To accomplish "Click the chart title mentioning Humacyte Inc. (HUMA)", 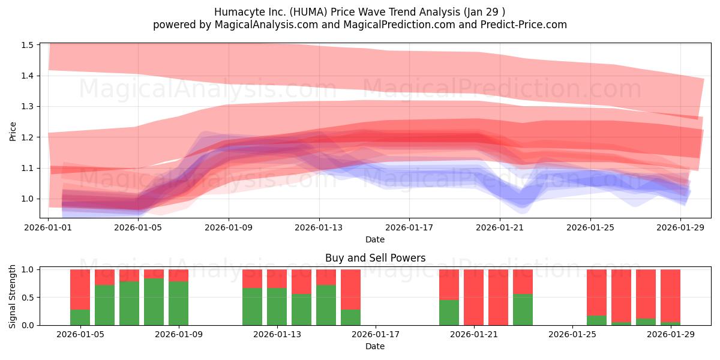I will coord(359,12).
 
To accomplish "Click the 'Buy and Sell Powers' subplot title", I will coord(375,258).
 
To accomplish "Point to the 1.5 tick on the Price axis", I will coord(28,45).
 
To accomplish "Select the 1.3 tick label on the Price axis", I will coord(28,107).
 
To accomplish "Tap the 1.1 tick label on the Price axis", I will coord(28,168).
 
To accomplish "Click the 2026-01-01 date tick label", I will coord(48,228).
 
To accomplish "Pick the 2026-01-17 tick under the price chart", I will coord(409,228).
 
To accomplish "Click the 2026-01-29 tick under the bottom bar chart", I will coord(670,335).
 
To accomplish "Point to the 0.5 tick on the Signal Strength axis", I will coord(28,298).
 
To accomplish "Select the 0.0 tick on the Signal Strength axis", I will coord(28,325).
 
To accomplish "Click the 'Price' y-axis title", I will coord(13,130).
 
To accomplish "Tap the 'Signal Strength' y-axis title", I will coord(13,297).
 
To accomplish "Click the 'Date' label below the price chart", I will coord(375,239).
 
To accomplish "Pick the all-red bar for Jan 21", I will coord(473,297).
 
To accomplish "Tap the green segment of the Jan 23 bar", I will coord(523,310).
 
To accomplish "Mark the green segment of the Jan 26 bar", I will coord(596,320).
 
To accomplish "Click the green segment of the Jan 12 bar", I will coord(252,307).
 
